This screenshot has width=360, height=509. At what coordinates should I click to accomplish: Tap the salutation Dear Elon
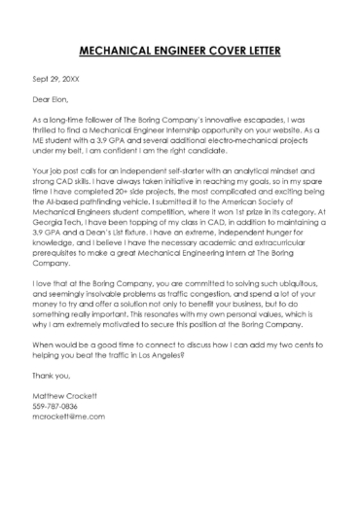(54, 99)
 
